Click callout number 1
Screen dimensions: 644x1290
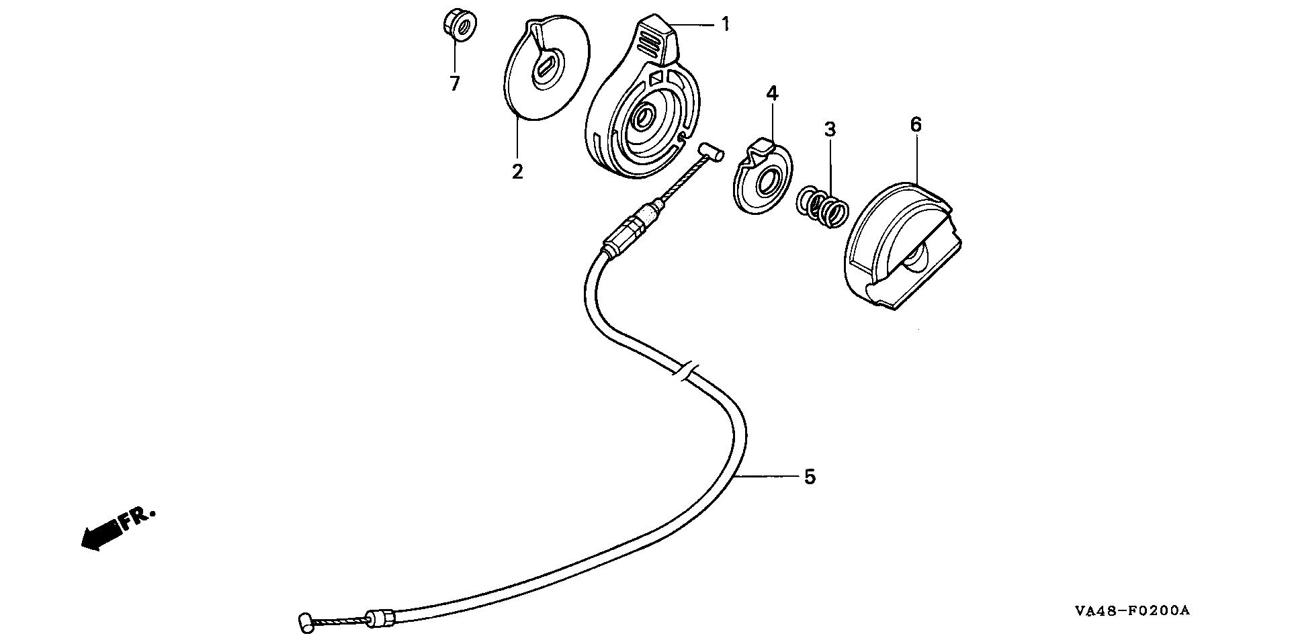coord(725,25)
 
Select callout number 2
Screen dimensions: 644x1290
coord(517,171)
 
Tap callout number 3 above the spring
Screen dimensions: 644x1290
coord(830,129)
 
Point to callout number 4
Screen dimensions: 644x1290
coord(772,93)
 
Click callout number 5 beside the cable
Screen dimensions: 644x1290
coord(810,477)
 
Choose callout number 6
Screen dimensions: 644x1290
coord(916,124)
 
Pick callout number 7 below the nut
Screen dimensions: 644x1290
coord(455,84)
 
